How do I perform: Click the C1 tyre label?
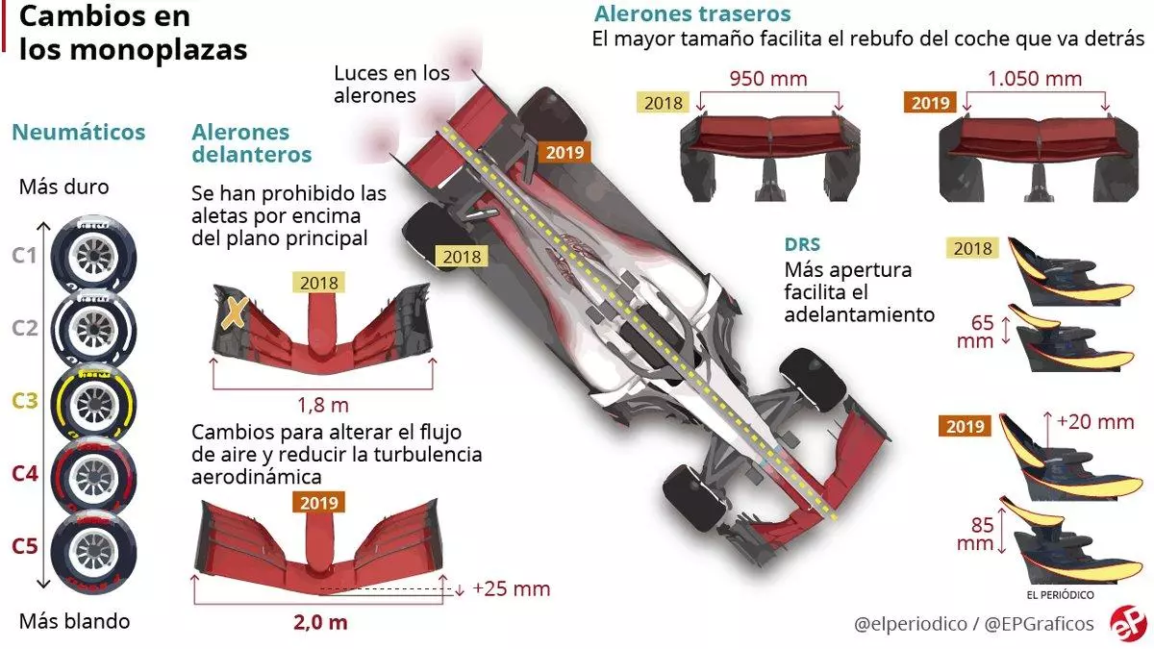(x=24, y=256)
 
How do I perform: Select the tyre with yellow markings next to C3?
(x=92, y=401)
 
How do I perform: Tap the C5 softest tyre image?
(x=92, y=547)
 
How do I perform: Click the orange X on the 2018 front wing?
(x=233, y=312)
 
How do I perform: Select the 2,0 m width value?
(x=320, y=621)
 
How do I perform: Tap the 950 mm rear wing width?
(x=768, y=78)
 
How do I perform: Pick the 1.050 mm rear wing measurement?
(x=1034, y=78)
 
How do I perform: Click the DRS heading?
(x=802, y=245)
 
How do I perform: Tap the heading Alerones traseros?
(x=692, y=14)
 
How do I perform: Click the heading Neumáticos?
(x=79, y=132)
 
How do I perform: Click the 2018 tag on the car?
(x=461, y=256)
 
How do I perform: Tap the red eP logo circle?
(x=1127, y=623)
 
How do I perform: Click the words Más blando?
(x=75, y=621)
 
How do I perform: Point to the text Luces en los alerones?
(x=391, y=84)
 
